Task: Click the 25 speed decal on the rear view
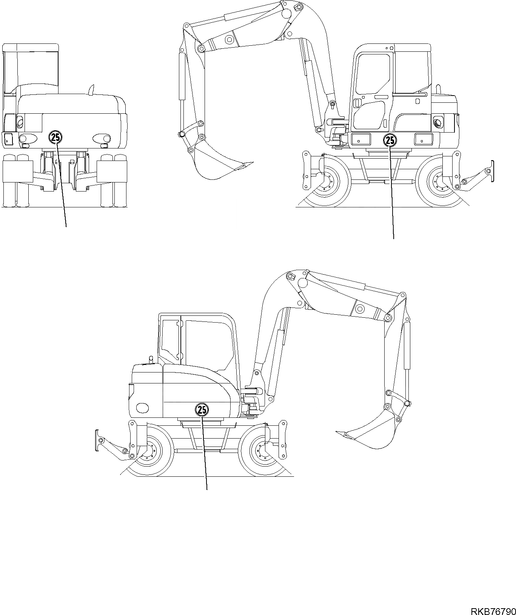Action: [55, 137]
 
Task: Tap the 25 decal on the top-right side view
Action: [390, 141]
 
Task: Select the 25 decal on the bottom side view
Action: [202, 409]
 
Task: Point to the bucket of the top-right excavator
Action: [215, 162]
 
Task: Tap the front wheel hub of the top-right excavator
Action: [326, 181]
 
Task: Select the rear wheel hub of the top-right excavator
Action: [439, 181]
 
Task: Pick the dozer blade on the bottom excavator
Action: [97, 440]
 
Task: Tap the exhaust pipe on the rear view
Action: [91, 90]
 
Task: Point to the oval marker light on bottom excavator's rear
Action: [142, 408]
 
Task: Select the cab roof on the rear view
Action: [31, 48]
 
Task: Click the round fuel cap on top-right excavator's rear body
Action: [438, 123]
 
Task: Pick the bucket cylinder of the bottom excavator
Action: [407, 346]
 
